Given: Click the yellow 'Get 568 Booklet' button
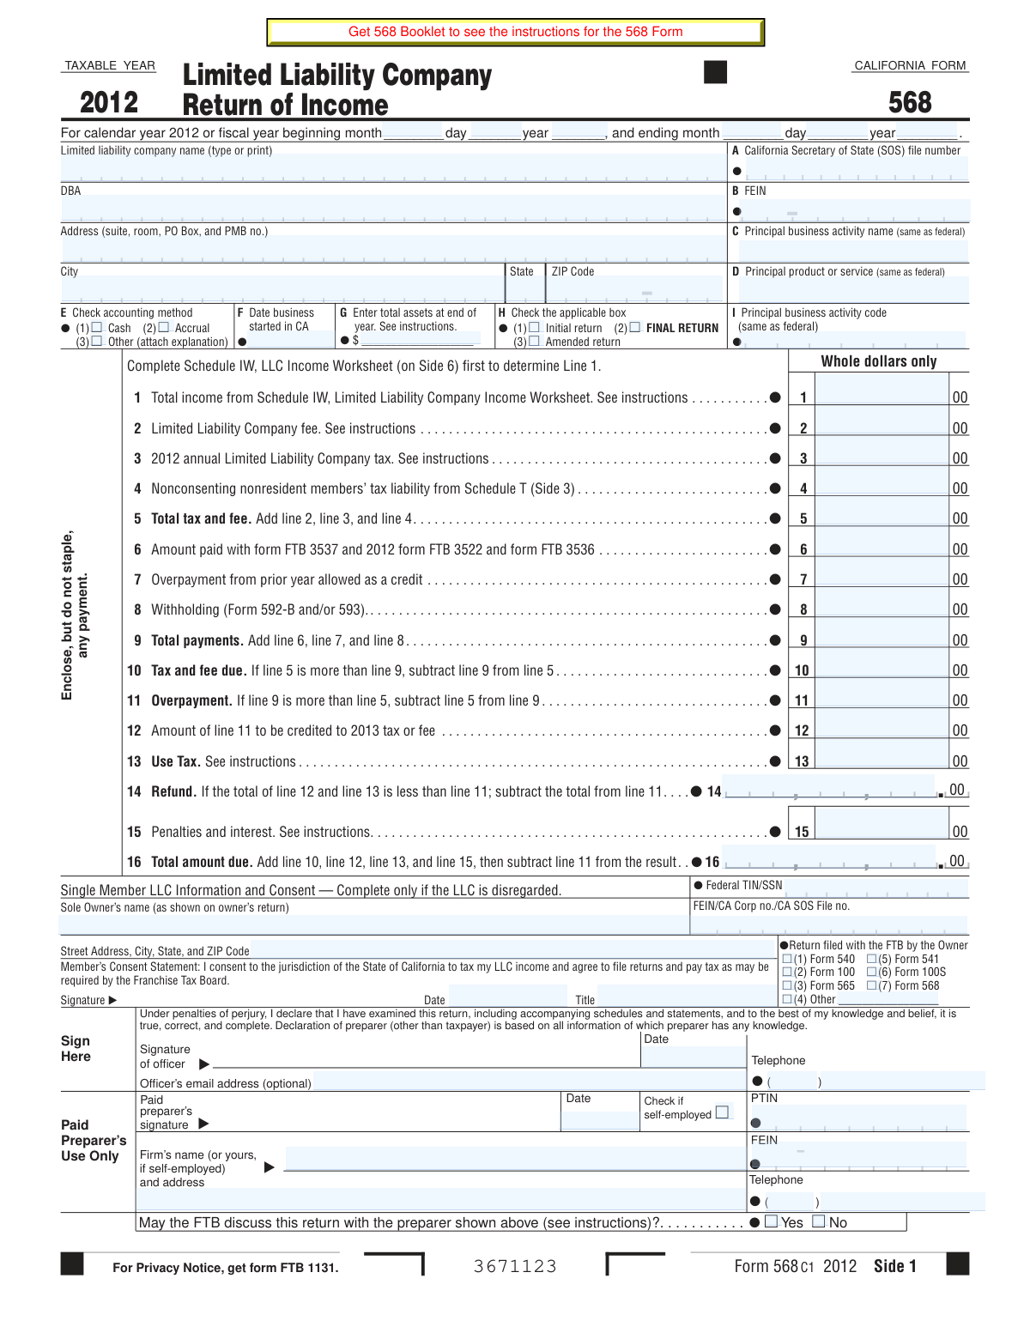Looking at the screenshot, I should coord(515,32).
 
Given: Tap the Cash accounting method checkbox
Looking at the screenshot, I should coord(97,327).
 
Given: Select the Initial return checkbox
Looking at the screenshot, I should coord(535,327).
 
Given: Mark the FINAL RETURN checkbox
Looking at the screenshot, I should coord(635,327).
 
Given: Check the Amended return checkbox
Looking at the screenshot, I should coord(535,341).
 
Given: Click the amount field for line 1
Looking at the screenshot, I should coord(882,396).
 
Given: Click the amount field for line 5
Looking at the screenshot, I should coord(882,517).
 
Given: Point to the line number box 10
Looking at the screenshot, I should coord(802,670).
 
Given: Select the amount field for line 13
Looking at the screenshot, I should coord(882,760).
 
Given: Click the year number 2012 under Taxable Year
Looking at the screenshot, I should coord(109,103).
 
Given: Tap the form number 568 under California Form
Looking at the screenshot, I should coord(910,103).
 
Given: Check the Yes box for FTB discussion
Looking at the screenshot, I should coord(772,1221).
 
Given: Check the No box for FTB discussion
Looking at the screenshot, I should coord(819,1221).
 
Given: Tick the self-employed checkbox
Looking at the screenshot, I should coord(723,1112).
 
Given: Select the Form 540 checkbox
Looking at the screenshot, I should coord(787,959).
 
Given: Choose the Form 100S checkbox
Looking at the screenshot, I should coord(872,972).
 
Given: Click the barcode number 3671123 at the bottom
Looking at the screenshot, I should coord(515,1266).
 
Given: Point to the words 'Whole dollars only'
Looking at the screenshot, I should coord(879,361).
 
